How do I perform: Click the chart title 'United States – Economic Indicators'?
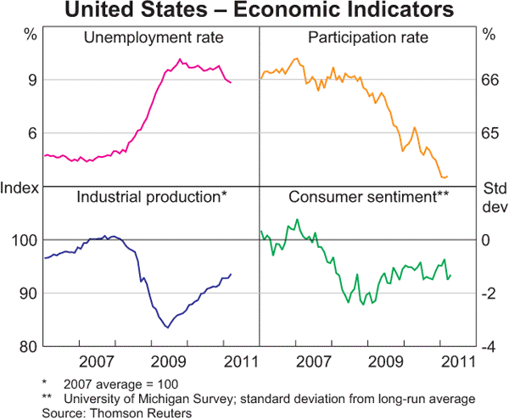pyautogui.click(x=255, y=11)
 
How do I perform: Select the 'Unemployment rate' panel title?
pyautogui.click(x=151, y=38)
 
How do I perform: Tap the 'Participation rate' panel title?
pyautogui.click(x=366, y=38)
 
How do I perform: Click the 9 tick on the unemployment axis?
pyautogui.click(x=31, y=80)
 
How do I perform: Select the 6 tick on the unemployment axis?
pyautogui.click(x=31, y=133)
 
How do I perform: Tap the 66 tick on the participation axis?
pyautogui.click(x=489, y=80)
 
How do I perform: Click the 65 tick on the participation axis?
pyautogui.click(x=489, y=133)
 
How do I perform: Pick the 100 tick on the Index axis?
pyautogui.click(x=25, y=240)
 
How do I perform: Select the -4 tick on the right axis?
pyautogui.click(x=487, y=346)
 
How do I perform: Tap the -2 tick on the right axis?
pyautogui.click(x=487, y=294)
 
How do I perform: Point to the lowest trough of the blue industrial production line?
pyautogui.click(x=167, y=328)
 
